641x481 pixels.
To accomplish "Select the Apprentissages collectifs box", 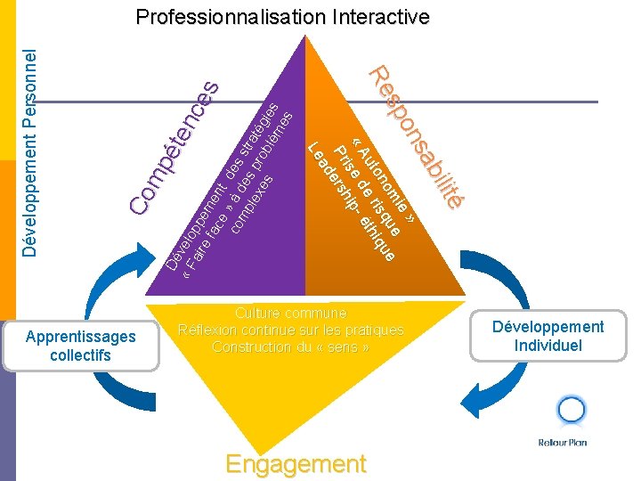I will pyautogui.click(x=81, y=346).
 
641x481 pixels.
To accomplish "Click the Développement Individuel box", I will pyautogui.click(x=548, y=336).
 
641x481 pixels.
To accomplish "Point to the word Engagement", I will pyautogui.click(x=296, y=464).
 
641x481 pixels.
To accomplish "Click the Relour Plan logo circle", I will pyautogui.click(x=571, y=411).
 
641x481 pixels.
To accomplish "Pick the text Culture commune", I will pyautogui.click(x=290, y=313).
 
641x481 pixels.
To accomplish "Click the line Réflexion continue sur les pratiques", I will pyautogui.click(x=290, y=330).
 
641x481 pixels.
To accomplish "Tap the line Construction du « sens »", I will pyautogui.click(x=290, y=346).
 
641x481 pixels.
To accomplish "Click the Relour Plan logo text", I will pyautogui.click(x=563, y=443).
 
